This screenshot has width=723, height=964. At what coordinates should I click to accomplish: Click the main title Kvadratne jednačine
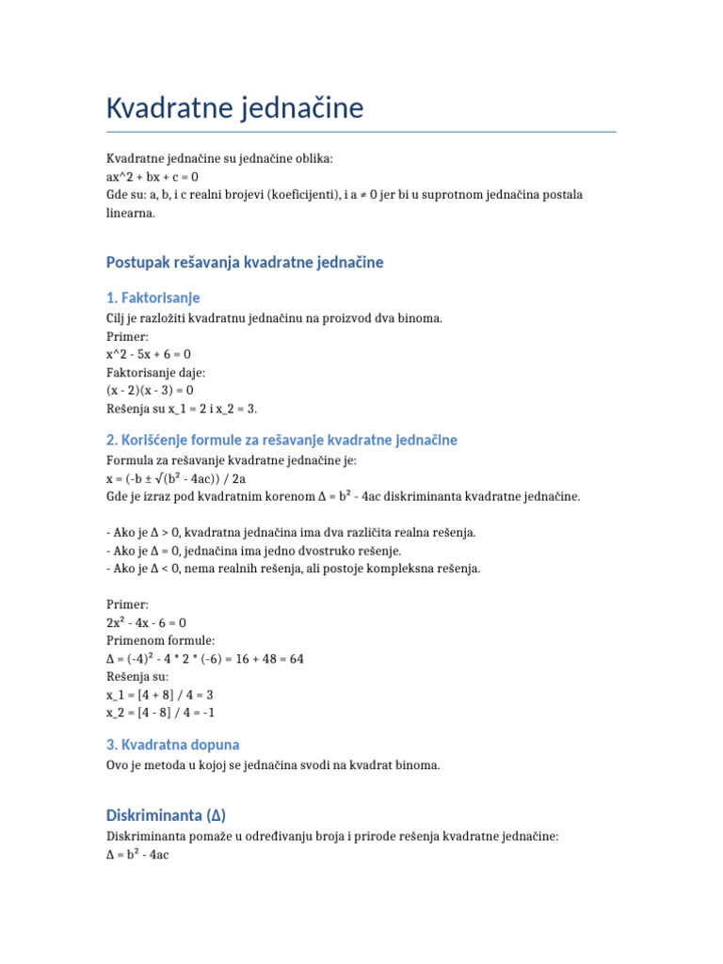click(x=234, y=108)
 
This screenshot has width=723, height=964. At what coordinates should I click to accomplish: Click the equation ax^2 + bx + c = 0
click(x=153, y=177)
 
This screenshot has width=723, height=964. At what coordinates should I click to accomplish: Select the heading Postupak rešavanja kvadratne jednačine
click(x=245, y=262)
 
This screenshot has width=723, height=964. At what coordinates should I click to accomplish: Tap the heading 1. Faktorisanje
click(x=153, y=297)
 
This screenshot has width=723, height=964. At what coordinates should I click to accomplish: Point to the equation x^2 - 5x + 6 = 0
click(x=149, y=354)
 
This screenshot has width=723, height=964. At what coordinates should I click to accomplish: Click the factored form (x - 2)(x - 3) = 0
click(x=151, y=390)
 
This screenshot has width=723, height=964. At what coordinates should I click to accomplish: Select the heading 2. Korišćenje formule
click(x=281, y=440)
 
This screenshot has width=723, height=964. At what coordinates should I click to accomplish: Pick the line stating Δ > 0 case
click(x=291, y=533)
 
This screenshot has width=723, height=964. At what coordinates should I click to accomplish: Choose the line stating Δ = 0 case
click(x=253, y=551)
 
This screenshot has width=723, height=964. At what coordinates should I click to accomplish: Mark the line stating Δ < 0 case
click(x=293, y=569)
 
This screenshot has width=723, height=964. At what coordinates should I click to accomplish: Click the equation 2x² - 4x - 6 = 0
click(x=146, y=623)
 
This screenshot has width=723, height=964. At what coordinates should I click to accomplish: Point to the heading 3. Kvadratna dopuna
click(x=173, y=745)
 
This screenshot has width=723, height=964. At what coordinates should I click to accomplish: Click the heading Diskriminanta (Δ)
click(x=166, y=814)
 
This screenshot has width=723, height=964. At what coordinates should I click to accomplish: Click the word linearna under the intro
click(x=130, y=213)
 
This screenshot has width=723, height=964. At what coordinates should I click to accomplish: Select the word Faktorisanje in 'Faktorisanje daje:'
click(x=140, y=372)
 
